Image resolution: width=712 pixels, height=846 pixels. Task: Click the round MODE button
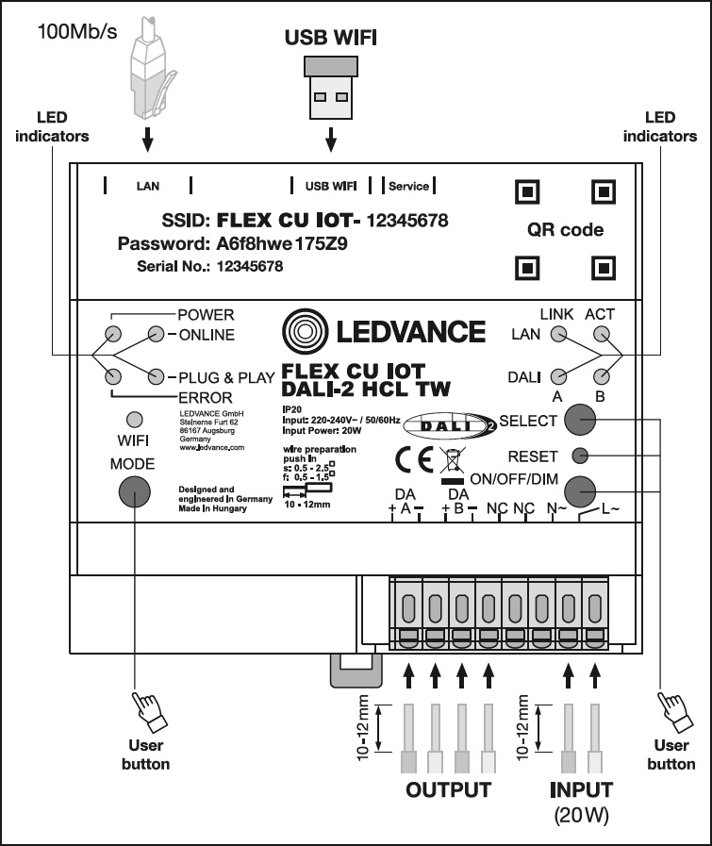click(135, 490)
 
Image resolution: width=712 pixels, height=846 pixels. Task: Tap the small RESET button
click(580, 456)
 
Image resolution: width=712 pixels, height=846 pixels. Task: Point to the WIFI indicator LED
click(134, 418)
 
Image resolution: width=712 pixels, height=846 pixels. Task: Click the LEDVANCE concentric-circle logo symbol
click(304, 332)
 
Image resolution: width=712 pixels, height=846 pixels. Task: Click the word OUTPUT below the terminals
click(449, 789)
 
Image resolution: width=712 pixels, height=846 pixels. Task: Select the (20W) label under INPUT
click(580, 813)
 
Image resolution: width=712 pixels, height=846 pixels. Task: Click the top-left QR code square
click(530, 192)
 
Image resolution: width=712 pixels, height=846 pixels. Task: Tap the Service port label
click(408, 186)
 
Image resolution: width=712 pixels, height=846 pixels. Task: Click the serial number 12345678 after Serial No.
click(250, 267)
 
